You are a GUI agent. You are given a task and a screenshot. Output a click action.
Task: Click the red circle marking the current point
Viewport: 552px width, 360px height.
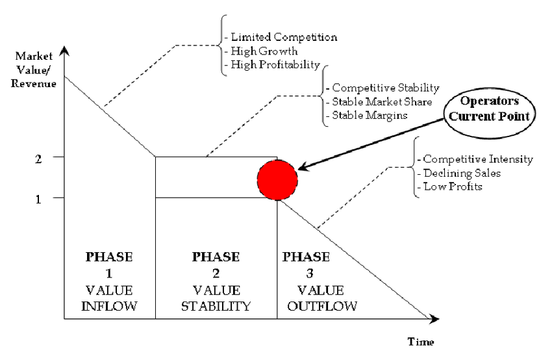click(x=277, y=178)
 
